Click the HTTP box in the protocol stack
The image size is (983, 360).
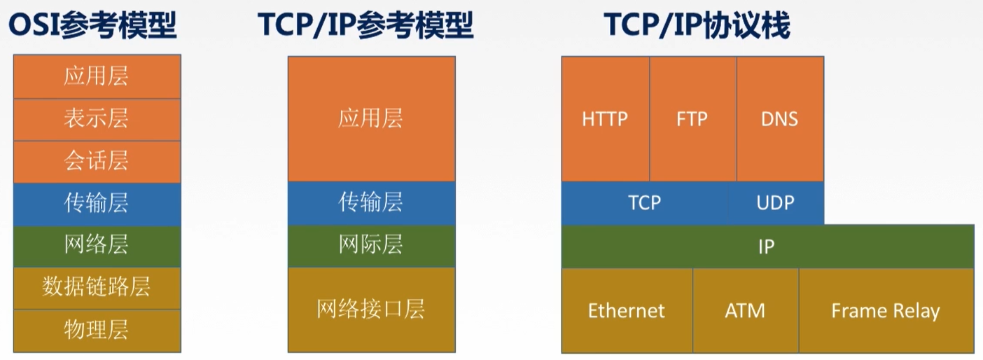[606, 118]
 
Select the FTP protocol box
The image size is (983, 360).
[693, 118]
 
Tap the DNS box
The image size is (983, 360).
[780, 118]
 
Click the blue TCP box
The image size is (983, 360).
[644, 203]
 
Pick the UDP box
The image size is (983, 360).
[776, 203]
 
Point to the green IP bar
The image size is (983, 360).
[767, 247]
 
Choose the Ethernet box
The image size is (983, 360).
[627, 310]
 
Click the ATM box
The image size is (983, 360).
[746, 310]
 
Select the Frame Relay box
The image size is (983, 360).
[886, 310]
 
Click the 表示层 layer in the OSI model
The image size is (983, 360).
[97, 119]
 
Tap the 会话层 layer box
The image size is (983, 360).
[97, 162]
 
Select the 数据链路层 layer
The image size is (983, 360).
[97, 288]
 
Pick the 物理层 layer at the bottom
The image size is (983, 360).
[97, 331]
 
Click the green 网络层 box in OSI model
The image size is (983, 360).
[97, 247]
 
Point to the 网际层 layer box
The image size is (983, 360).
[371, 246]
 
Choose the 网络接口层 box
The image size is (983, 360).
[371, 310]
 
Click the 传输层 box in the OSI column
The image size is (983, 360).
[97, 204]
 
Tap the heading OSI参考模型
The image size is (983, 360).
[92, 25]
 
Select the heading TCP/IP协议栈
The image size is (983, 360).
[697, 25]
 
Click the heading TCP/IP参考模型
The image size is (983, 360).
[365, 25]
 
